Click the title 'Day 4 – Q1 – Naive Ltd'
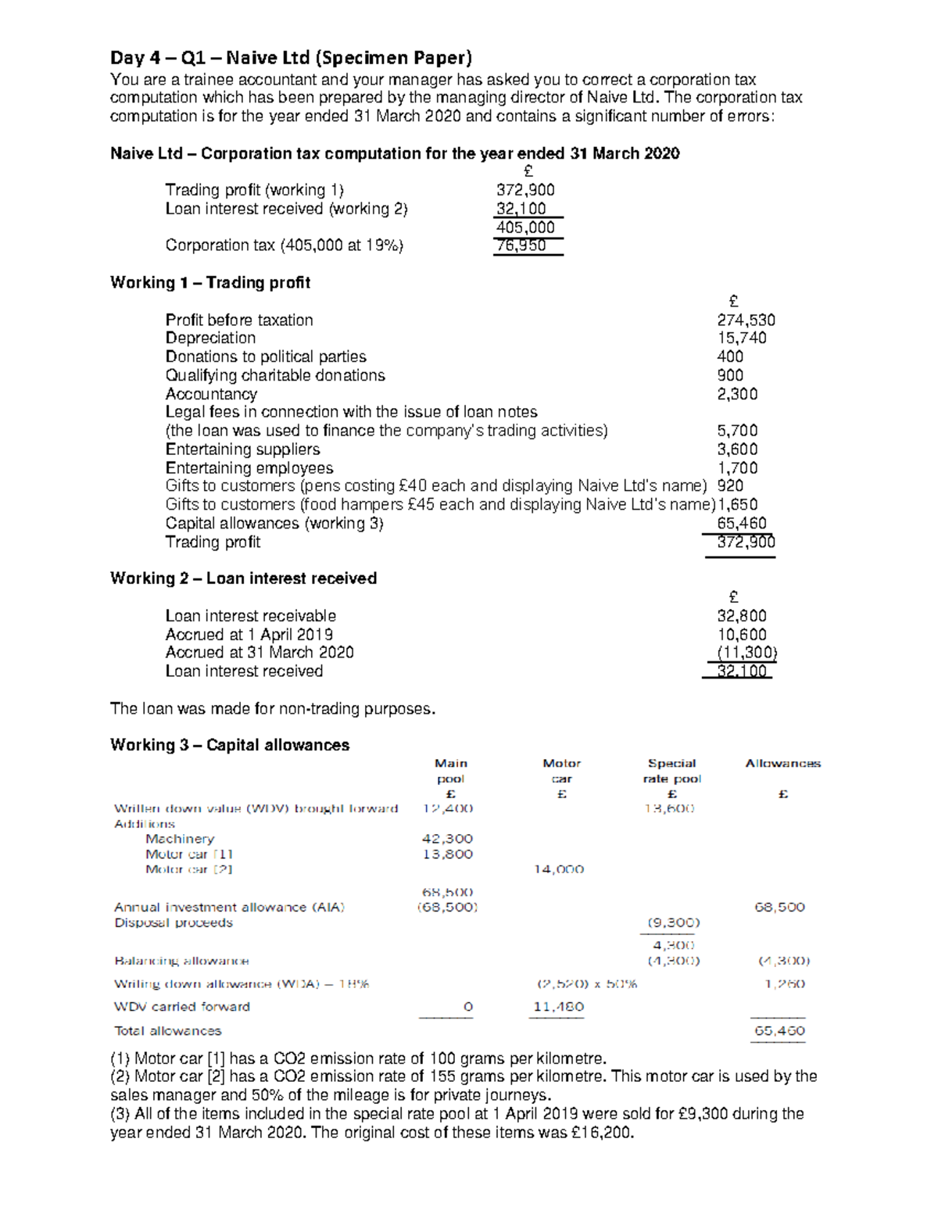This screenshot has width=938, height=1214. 291,58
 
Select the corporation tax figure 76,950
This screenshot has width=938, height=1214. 521,245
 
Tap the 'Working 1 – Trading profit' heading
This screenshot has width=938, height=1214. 209,282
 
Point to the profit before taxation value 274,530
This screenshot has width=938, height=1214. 746,320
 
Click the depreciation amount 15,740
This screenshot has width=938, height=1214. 741,338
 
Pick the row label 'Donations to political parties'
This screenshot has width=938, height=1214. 265,356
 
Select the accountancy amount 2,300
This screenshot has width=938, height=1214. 736,394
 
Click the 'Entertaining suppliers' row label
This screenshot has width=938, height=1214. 242,449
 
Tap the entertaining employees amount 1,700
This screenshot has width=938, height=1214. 736,468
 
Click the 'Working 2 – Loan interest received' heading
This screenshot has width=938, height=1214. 243,578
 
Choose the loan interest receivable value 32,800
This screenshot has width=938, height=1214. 741,616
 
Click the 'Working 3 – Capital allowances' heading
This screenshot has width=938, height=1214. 229,745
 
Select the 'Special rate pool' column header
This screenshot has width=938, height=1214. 671,771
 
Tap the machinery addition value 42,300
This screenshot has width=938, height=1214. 447,839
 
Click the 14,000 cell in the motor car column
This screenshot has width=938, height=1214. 558,869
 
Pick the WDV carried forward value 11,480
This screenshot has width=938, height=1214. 558,1007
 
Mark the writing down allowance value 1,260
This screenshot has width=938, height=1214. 785,984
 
